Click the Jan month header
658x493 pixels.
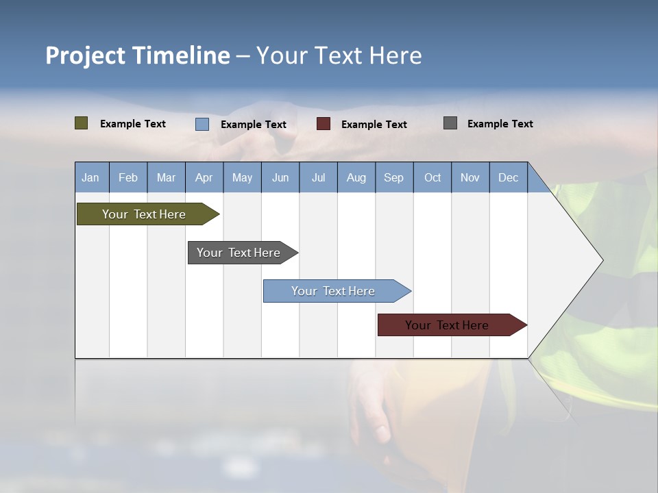[x=90, y=177]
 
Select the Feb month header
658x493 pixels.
[x=128, y=177]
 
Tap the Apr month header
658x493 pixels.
[x=204, y=177]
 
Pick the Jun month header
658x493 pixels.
[x=280, y=177]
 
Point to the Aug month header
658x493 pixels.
[x=356, y=177]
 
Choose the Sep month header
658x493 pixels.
[x=393, y=177]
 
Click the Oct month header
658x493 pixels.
[x=432, y=177]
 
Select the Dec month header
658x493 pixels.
[x=508, y=177]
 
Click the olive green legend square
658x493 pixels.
[x=82, y=123]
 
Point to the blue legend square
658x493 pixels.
[x=202, y=124]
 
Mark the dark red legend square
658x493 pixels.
[x=324, y=124]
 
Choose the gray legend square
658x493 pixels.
[x=450, y=123]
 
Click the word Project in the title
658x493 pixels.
[x=86, y=55]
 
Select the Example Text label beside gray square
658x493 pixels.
[x=500, y=124]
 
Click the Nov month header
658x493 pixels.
[x=470, y=177]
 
